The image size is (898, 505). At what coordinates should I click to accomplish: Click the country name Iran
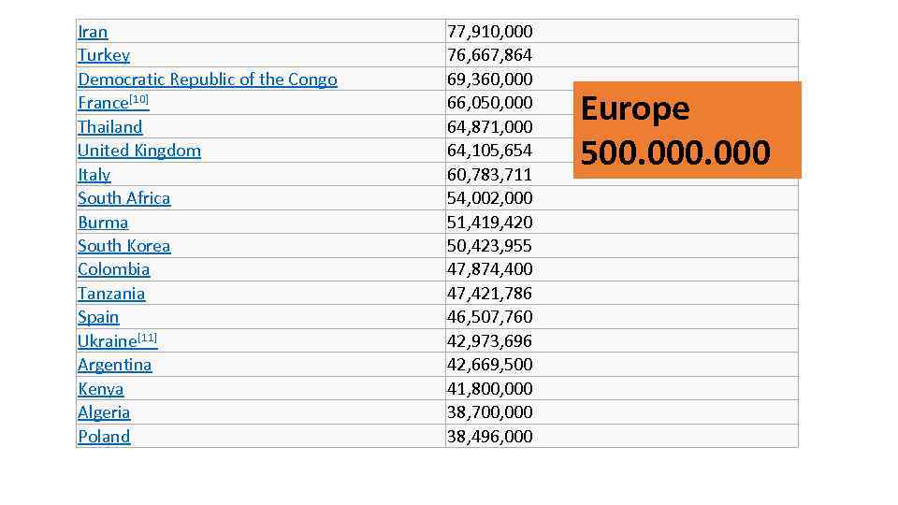[93, 32]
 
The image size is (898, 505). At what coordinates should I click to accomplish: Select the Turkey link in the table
[104, 55]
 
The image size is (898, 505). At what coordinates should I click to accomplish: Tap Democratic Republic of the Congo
[207, 79]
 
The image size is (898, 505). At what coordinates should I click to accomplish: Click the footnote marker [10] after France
[139, 99]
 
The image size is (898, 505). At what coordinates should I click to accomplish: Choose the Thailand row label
[110, 127]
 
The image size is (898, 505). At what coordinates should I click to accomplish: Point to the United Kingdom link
[139, 151]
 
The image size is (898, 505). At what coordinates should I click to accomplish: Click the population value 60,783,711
[489, 175]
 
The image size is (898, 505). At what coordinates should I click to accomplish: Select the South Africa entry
[124, 198]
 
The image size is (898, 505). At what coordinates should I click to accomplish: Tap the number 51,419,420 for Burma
[489, 223]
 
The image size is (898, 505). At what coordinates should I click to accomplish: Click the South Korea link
[124, 246]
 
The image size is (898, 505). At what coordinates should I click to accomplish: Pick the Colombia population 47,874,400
[489, 269]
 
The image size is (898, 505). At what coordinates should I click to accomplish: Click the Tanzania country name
[111, 294]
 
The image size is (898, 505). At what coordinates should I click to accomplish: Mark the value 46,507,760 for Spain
[489, 317]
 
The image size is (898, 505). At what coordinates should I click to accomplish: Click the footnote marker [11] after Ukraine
[148, 338]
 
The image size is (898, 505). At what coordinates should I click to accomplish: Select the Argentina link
[115, 365]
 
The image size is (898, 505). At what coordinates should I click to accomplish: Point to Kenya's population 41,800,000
[489, 389]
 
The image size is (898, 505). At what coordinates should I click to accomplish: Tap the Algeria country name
[104, 412]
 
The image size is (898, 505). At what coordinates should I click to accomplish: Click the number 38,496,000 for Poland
[489, 437]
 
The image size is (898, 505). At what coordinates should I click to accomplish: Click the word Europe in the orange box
[635, 109]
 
